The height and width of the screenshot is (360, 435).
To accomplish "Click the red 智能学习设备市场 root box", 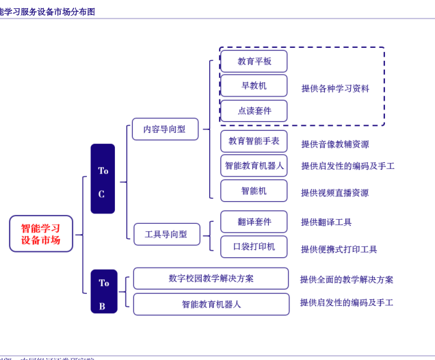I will click(40, 234).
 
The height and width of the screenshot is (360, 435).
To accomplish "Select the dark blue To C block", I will click(103, 179).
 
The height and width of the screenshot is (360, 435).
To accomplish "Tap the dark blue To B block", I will click(103, 292).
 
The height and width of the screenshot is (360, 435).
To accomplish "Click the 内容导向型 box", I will click(164, 129).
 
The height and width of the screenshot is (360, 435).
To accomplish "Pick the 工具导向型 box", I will click(166, 234).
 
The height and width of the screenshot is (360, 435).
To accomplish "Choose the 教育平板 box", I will click(254, 61).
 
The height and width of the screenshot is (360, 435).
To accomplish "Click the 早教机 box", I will click(254, 86).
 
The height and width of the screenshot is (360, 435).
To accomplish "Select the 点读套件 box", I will click(254, 111).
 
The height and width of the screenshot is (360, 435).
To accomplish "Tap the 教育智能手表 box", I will click(254, 141).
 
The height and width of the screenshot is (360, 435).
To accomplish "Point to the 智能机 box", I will click(254, 191).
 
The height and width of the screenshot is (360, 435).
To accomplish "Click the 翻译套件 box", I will click(254, 222).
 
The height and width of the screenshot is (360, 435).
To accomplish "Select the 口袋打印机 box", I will click(254, 246).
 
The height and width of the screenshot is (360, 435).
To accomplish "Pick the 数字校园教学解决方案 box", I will click(211, 279).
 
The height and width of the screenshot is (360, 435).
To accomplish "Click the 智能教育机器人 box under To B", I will click(211, 304).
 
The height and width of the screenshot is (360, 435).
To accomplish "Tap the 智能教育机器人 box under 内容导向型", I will click(254, 166).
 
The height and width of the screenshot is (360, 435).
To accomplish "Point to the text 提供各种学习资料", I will click(335, 88).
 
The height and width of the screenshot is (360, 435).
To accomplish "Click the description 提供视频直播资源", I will click(334, 193).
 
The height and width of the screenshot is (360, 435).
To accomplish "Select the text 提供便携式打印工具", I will click(339, 249).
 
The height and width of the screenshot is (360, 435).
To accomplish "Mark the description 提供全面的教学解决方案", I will click(347, 279).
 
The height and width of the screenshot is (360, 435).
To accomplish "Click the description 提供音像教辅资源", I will click(334, 144).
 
